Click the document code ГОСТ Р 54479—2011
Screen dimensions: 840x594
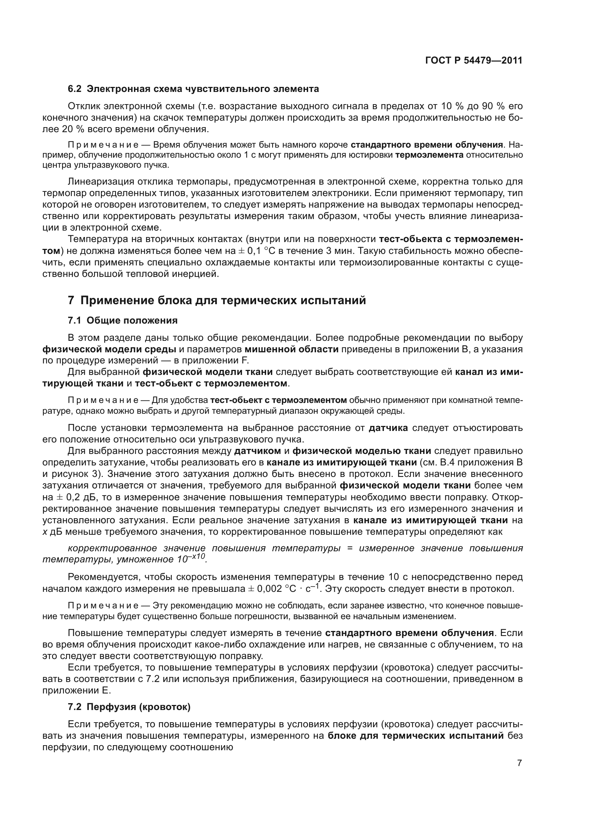tap(474, 60)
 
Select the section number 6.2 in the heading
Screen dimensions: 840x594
tap(75, 89)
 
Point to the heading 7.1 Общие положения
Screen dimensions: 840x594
tap(122, 320)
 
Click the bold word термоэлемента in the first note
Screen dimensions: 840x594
tap(429, 155)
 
